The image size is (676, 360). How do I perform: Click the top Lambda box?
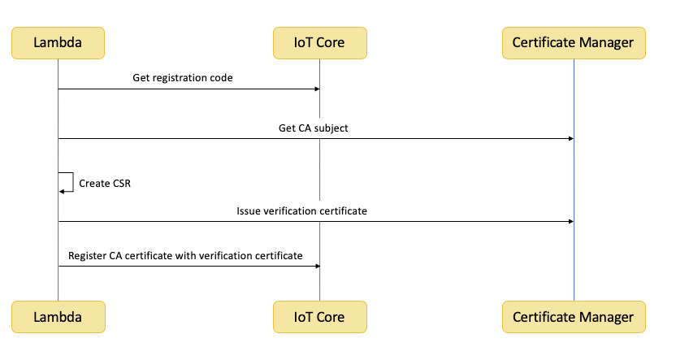[58, 43]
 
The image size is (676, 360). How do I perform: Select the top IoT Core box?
[320, 43]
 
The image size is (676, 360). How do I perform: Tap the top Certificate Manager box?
[574, 43]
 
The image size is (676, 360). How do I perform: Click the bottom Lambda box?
[58, 317]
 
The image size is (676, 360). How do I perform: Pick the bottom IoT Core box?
[320, 317]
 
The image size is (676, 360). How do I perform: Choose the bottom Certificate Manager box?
[574, 317]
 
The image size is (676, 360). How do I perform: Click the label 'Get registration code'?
[182, 78]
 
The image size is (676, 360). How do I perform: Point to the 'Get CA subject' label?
[314, 128]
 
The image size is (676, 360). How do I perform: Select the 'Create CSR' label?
[105, 183]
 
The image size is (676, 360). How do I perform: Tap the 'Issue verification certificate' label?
[301, 210]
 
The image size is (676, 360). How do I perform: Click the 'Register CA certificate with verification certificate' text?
[185, 256]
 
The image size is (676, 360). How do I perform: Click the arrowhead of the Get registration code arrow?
[318, 89]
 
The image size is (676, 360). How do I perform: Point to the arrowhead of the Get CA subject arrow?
[571, 139]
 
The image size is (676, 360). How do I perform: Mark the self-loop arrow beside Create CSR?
[73, 182]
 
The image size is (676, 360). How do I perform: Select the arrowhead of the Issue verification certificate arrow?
[571, 222]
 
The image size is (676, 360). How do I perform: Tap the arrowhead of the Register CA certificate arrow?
[318, 266]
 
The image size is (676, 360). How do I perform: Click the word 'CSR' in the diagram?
[122, 183]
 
